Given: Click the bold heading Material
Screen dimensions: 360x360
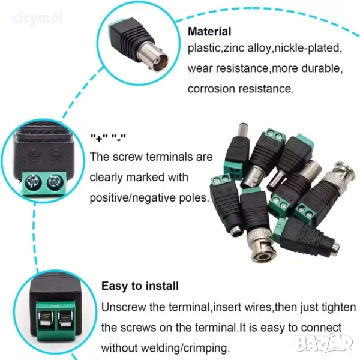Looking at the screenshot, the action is tap(209, 31).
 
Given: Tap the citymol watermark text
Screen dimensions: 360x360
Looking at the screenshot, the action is tap(38, 19).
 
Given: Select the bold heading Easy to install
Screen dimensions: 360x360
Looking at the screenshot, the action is tap(140, 286).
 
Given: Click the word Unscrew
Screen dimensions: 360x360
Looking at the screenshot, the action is tap(124, 307).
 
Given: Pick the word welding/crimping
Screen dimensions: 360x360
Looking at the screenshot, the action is tap(185, 348).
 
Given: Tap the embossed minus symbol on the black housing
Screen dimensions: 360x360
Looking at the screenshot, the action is tap(55, 156).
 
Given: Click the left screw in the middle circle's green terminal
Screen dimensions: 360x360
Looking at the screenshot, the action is tap(32, 181).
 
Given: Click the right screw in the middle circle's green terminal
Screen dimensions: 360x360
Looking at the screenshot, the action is tap(55, 181).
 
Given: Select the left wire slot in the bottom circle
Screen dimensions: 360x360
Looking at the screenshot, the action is tap(46, 318).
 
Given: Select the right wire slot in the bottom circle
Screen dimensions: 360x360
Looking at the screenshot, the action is tap(65, 318).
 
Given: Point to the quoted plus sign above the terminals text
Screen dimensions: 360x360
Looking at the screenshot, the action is tap(99, 137).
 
